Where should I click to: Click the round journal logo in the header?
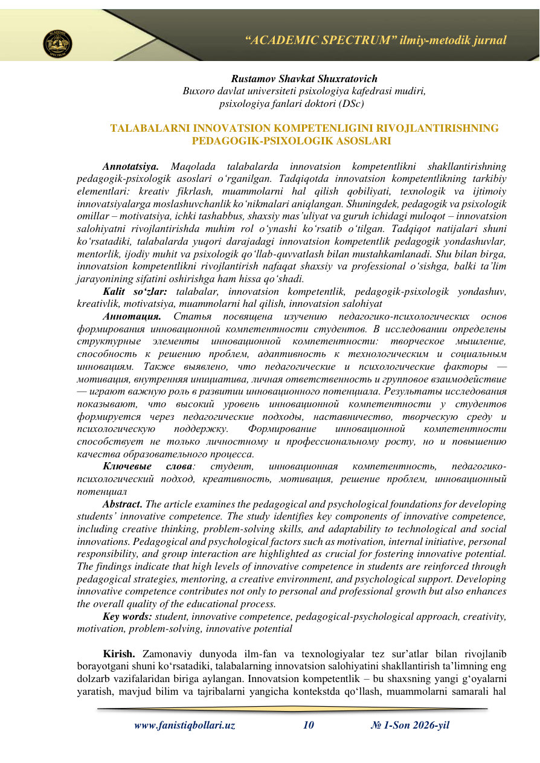58,43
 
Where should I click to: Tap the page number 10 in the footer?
308,726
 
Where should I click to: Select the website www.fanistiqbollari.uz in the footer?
184,726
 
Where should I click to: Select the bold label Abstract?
123,504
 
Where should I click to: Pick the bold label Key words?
128,616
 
